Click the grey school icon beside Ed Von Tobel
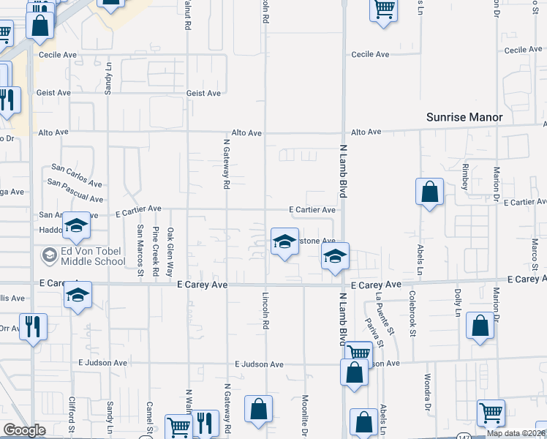click(50, 255)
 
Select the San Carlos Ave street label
click(76, 176)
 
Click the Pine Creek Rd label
click(156, 252)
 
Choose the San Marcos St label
click(140, 252)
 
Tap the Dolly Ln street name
click(458, 301)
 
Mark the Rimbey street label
click(465, 178)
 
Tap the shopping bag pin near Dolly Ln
click(480, 329)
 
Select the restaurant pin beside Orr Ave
click(33, 326)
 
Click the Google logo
click(24, 430)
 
